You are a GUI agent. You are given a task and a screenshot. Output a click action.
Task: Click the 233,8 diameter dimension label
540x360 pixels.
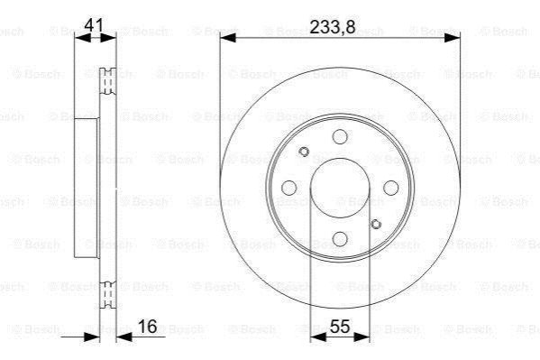(333, 27)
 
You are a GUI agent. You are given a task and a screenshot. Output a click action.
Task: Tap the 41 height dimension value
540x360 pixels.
(94, 25)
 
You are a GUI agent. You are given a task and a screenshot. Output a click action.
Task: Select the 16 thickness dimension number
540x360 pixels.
(148, 326)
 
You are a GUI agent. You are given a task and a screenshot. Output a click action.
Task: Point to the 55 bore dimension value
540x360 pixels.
(340, 326)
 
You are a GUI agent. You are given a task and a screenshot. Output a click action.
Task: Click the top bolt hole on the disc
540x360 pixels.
(340, 136)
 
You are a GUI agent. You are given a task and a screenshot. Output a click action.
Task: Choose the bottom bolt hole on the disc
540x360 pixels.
(340, 238)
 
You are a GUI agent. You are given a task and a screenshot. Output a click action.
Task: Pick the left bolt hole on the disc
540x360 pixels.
(289, 188)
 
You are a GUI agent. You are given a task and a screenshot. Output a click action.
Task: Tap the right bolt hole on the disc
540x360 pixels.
(391, 188)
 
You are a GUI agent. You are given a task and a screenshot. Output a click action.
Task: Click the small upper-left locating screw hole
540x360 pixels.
(304, 152)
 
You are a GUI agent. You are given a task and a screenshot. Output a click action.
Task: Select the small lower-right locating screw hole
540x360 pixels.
(376, 224)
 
